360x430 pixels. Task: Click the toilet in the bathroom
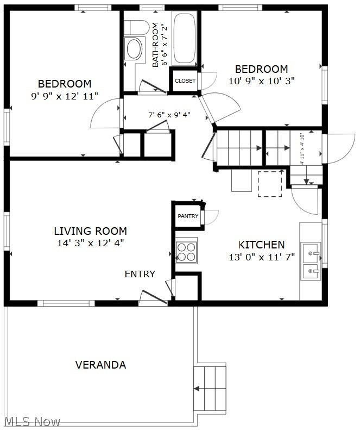[136, 27]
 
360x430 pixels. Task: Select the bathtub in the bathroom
[185, 38]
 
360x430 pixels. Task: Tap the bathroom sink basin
[134, 49]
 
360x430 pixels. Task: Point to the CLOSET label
[185, 81]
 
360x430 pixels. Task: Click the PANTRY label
[188, 216]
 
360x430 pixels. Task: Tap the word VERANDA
[100, 365]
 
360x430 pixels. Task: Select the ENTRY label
[140, 274]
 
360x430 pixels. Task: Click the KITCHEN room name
[262, 244]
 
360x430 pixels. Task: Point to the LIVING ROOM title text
[91, 231]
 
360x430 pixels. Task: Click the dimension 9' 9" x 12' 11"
[65, 96]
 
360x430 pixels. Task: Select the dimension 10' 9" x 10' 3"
[262, 81]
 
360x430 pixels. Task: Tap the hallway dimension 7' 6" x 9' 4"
[169, 115]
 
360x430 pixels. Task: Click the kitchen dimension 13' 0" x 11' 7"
[262, 257]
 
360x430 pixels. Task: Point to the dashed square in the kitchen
[270, 184]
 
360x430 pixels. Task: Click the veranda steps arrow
[210, 389]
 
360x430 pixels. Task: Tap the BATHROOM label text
[155, 45]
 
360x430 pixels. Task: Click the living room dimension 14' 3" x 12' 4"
[91, 243]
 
